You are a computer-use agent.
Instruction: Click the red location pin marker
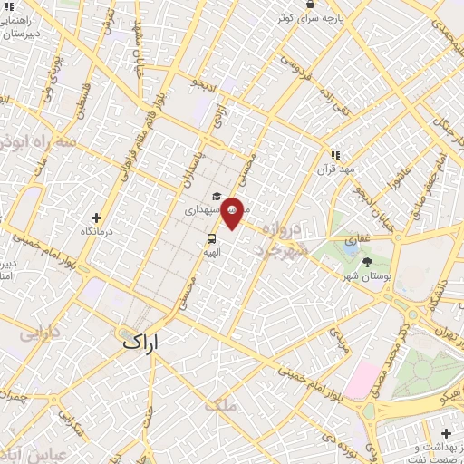click(232, 212)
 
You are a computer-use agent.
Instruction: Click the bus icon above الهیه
click(210, 239)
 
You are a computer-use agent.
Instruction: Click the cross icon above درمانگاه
click(97, 217)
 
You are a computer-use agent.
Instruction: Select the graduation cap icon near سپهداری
click(217, 196)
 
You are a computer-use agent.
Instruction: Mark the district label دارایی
click(40, 333)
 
